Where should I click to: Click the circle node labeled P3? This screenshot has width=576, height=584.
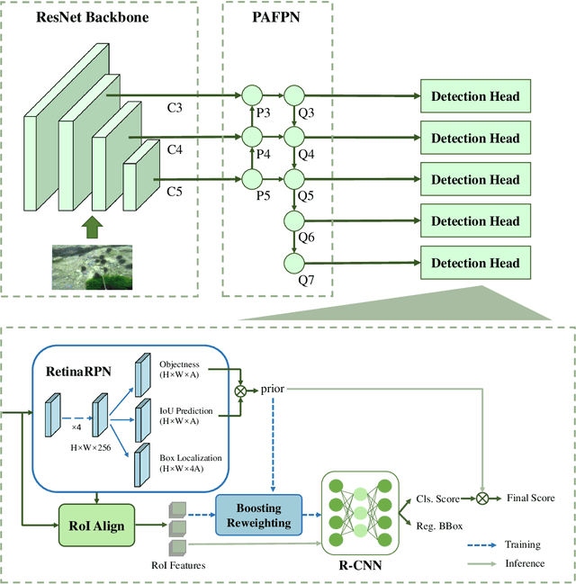click(251, 94)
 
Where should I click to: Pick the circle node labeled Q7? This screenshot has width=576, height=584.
click(294, 263)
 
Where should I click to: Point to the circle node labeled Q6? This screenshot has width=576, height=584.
click(294, 221)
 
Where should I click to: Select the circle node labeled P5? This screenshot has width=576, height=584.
click(251, 178)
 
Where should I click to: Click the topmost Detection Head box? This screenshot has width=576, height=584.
click(475, 96)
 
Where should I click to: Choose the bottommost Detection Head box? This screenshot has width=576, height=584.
click(475, 263)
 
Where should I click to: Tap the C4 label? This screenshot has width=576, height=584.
click(174, 151)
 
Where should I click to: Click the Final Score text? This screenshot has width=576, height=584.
click(530, 498)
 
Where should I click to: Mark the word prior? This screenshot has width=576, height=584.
click(273, 391)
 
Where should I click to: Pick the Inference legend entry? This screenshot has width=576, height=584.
click(526, 563)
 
